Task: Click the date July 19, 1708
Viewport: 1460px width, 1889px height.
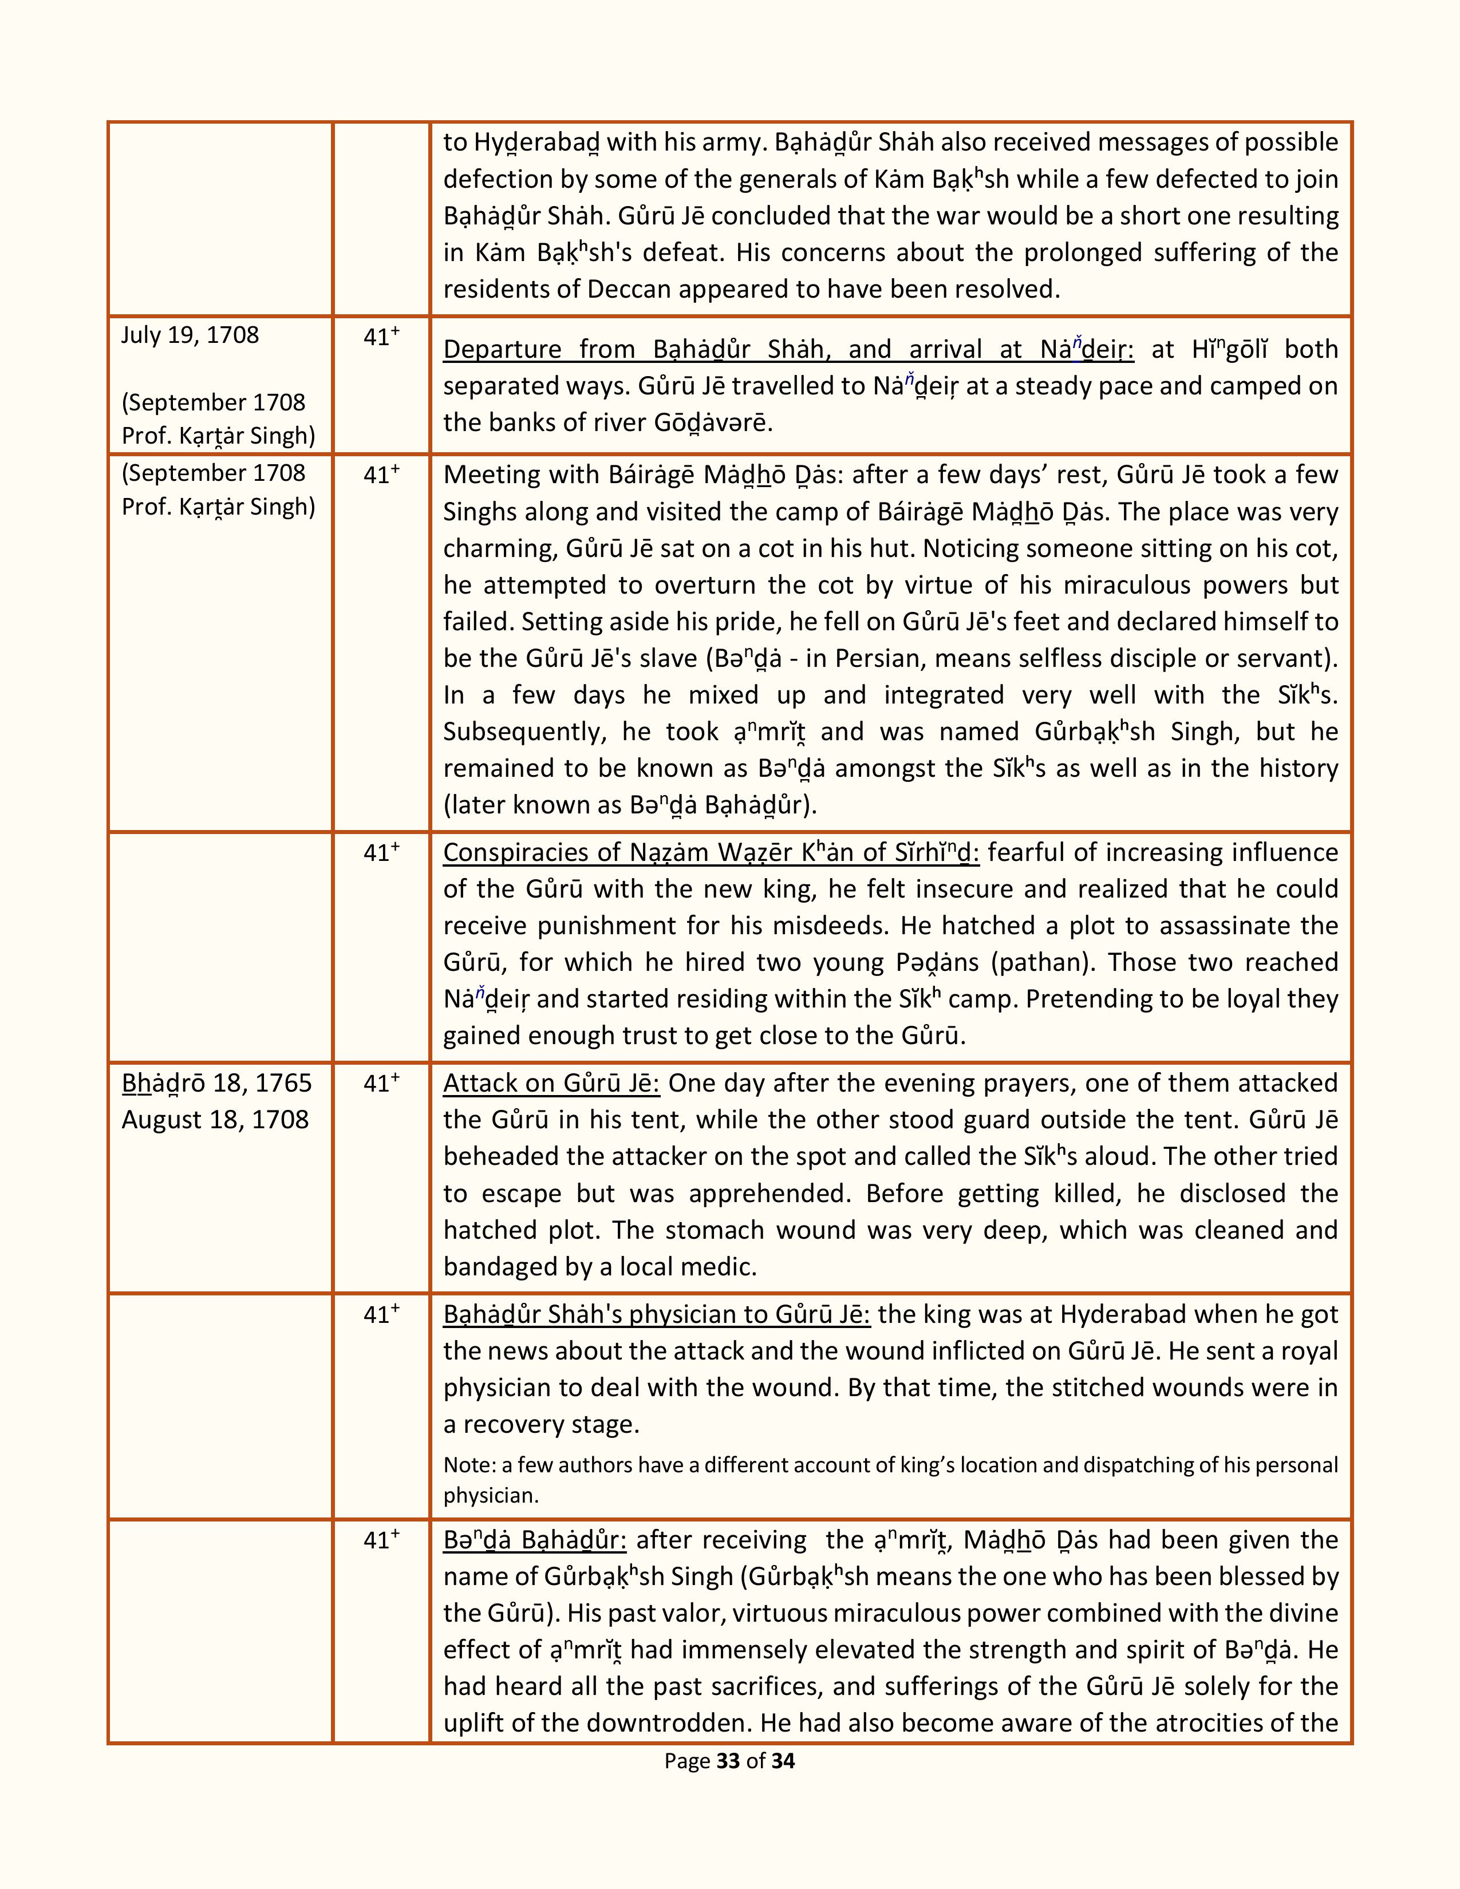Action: point(190,335)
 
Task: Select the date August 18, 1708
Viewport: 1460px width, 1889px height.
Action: point(215,1120)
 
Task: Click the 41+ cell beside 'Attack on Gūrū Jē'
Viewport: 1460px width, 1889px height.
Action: point(381,1084)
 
